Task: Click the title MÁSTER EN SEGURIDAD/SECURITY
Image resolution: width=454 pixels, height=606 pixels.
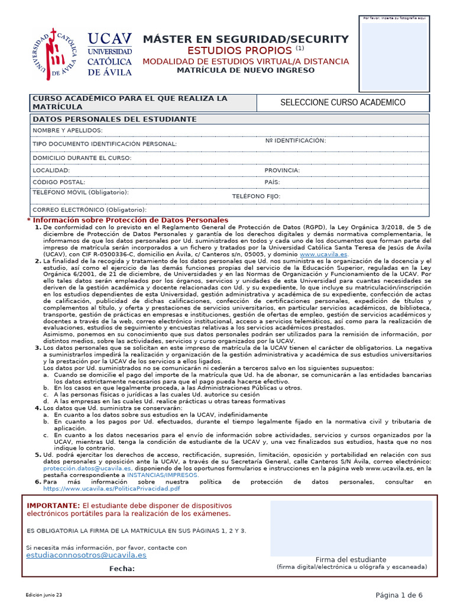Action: click(x=246, y=39)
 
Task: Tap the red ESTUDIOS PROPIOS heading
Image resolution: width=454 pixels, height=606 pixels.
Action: click(x=240, y=50)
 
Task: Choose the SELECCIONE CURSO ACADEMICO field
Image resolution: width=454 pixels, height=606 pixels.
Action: click(x=342, y=102)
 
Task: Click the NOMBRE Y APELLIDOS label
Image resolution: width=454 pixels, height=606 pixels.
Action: click(x=67, y=130)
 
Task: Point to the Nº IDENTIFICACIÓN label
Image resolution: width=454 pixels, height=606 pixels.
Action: click(x=296, y=140)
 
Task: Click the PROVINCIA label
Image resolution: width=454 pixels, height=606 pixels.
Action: click(x=282, y=170)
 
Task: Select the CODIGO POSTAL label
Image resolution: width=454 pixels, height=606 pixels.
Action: click(x=59, y=182)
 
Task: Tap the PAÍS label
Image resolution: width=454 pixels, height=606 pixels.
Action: click(x=272, y=182)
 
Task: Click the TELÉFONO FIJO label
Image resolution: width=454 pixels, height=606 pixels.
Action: click(x=255, y=196)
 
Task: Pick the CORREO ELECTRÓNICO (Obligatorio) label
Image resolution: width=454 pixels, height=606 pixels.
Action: click(x=89, y=209)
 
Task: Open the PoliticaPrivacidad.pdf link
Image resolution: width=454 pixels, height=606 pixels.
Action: click(x=111, y=489)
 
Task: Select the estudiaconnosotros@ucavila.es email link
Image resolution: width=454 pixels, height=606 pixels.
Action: click(x=86, y=556)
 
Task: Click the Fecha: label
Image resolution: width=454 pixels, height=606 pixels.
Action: click(x=122, y=569)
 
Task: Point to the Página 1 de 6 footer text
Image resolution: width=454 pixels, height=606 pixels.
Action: click(x=399, y=595)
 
